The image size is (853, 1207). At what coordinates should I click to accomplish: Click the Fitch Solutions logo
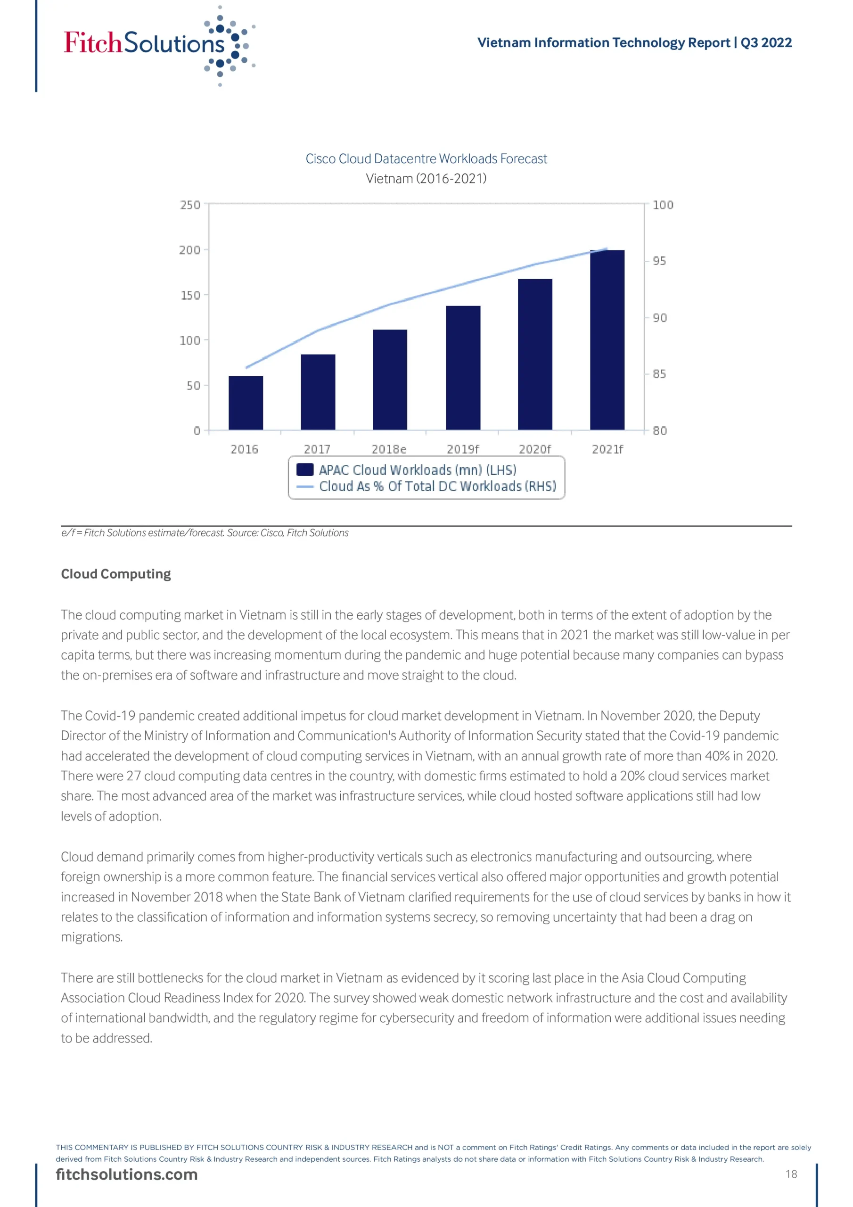[158, 45]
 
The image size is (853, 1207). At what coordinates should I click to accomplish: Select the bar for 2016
[246, 403]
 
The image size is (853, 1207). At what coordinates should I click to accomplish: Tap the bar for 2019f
[462, 367]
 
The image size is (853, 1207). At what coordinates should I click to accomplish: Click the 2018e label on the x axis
[389, 449]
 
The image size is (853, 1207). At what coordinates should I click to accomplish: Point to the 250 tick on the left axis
[190, 205]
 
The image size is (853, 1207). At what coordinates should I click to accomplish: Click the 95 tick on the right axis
[659, 261]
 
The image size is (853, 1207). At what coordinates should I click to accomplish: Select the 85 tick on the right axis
[659, 374]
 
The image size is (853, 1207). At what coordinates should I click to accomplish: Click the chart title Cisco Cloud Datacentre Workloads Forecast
[426, 159]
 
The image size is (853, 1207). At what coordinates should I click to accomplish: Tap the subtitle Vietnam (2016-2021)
[426, 179]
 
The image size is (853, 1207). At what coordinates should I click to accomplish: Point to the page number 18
[791, 1174]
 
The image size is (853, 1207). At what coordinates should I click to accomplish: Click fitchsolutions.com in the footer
[127, 1174]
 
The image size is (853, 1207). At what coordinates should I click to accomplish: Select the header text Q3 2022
[766, 42]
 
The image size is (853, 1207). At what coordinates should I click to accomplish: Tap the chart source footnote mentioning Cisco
[205, 532]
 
